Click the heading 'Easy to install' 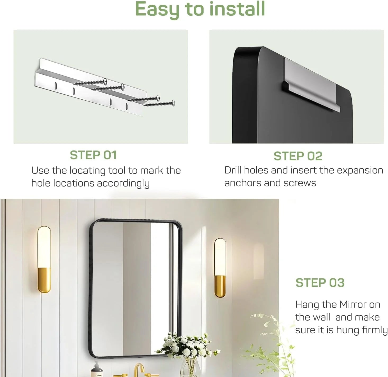coord(200,9)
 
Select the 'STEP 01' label coord(93,155)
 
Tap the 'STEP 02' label coord(298,156)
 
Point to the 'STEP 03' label coord(320,283)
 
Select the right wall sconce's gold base coord(220,286)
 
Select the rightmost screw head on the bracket coord(173,101)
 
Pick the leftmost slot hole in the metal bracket coord(56,85)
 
